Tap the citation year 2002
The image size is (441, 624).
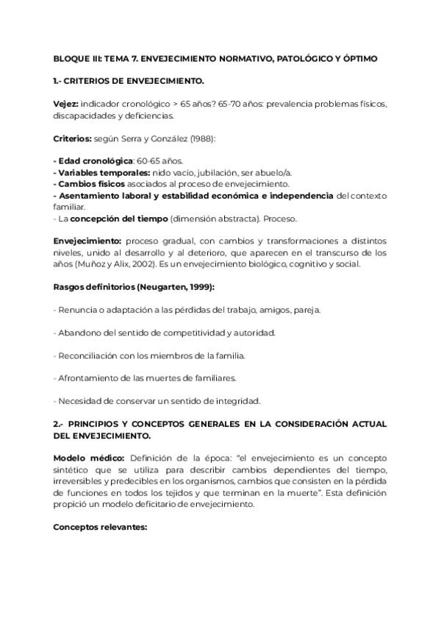(x=146, y=263)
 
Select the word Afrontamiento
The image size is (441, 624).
(x=89, y=378)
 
